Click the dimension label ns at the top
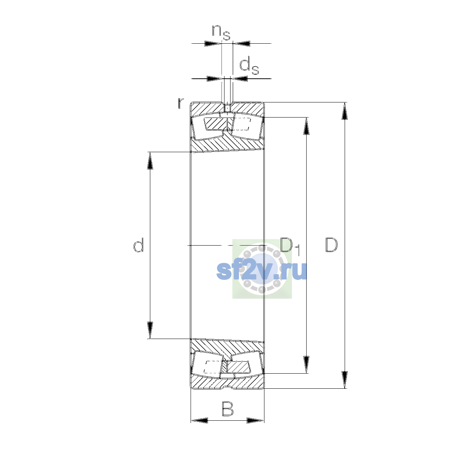(221, 33)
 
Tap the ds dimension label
(249, 67)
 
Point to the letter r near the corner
(181, 103)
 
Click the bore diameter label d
(138, 245)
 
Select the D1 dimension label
(290, 246)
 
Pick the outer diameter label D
(331, 245)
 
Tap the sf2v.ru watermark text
(261, 271)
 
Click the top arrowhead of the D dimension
(345, 111)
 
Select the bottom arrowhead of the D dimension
(345, 380)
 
